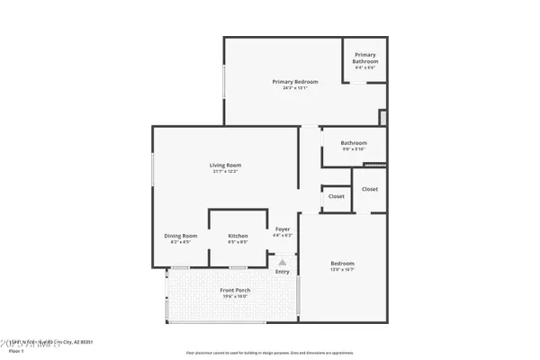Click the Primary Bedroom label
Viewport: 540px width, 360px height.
295,81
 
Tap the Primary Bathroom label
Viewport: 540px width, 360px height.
365,58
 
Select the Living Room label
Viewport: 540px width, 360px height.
226,165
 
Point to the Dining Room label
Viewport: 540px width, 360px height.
180,236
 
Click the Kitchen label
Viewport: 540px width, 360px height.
238,236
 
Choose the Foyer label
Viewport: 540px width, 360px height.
283,229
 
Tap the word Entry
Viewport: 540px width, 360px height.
283,271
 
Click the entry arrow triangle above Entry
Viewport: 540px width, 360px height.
282,262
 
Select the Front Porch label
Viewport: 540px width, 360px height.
235,290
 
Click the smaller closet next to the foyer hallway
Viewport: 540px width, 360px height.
336,196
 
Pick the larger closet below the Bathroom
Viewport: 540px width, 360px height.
370,189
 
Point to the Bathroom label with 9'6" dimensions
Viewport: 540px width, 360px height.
354,142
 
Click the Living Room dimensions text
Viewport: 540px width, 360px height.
226,172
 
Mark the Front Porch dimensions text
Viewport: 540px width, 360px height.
235,296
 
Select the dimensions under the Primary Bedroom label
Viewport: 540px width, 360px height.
295,87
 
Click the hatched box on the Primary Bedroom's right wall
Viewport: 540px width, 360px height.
383,118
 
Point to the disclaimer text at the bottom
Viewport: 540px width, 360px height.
270,353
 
